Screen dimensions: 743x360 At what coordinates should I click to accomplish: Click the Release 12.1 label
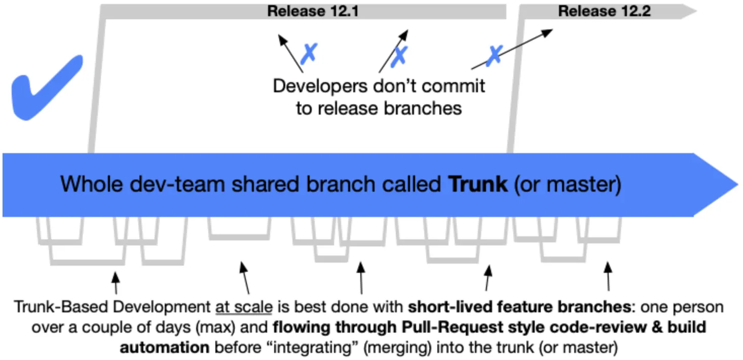[x=313, y=11]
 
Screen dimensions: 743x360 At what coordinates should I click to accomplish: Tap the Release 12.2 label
[x=604, y=11]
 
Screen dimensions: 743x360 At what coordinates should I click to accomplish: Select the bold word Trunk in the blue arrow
[x=477, y=184]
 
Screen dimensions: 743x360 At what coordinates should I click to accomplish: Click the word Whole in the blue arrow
[x=92, y=184]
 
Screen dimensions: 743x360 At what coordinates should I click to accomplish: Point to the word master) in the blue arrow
[x=583, y=185]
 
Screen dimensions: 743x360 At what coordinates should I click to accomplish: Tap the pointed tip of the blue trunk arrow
[x=738, y=185]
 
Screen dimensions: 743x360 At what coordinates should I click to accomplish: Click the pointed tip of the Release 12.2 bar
[x=696, y=11]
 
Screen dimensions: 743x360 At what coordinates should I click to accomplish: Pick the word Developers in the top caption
[x=320, y=86]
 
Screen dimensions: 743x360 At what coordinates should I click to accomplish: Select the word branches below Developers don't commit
[x=423, y=108]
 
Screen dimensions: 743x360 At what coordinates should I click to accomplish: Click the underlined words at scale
[x=244, y=307]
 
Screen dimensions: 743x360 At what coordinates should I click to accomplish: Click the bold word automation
[x=165, y=348]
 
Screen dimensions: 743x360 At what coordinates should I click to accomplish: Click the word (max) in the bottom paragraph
[x=215, y=328]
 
